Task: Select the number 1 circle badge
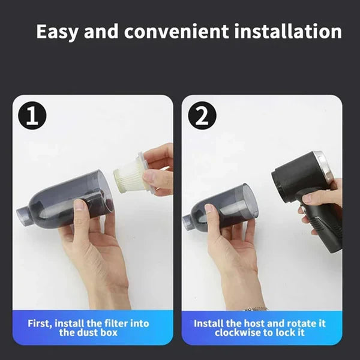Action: pyautogui.click(x=32, y=116)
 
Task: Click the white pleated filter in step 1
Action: pyautogui.click(x=130, y=178)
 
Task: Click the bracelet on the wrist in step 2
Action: pyautogui.click(x=257, y=308)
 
